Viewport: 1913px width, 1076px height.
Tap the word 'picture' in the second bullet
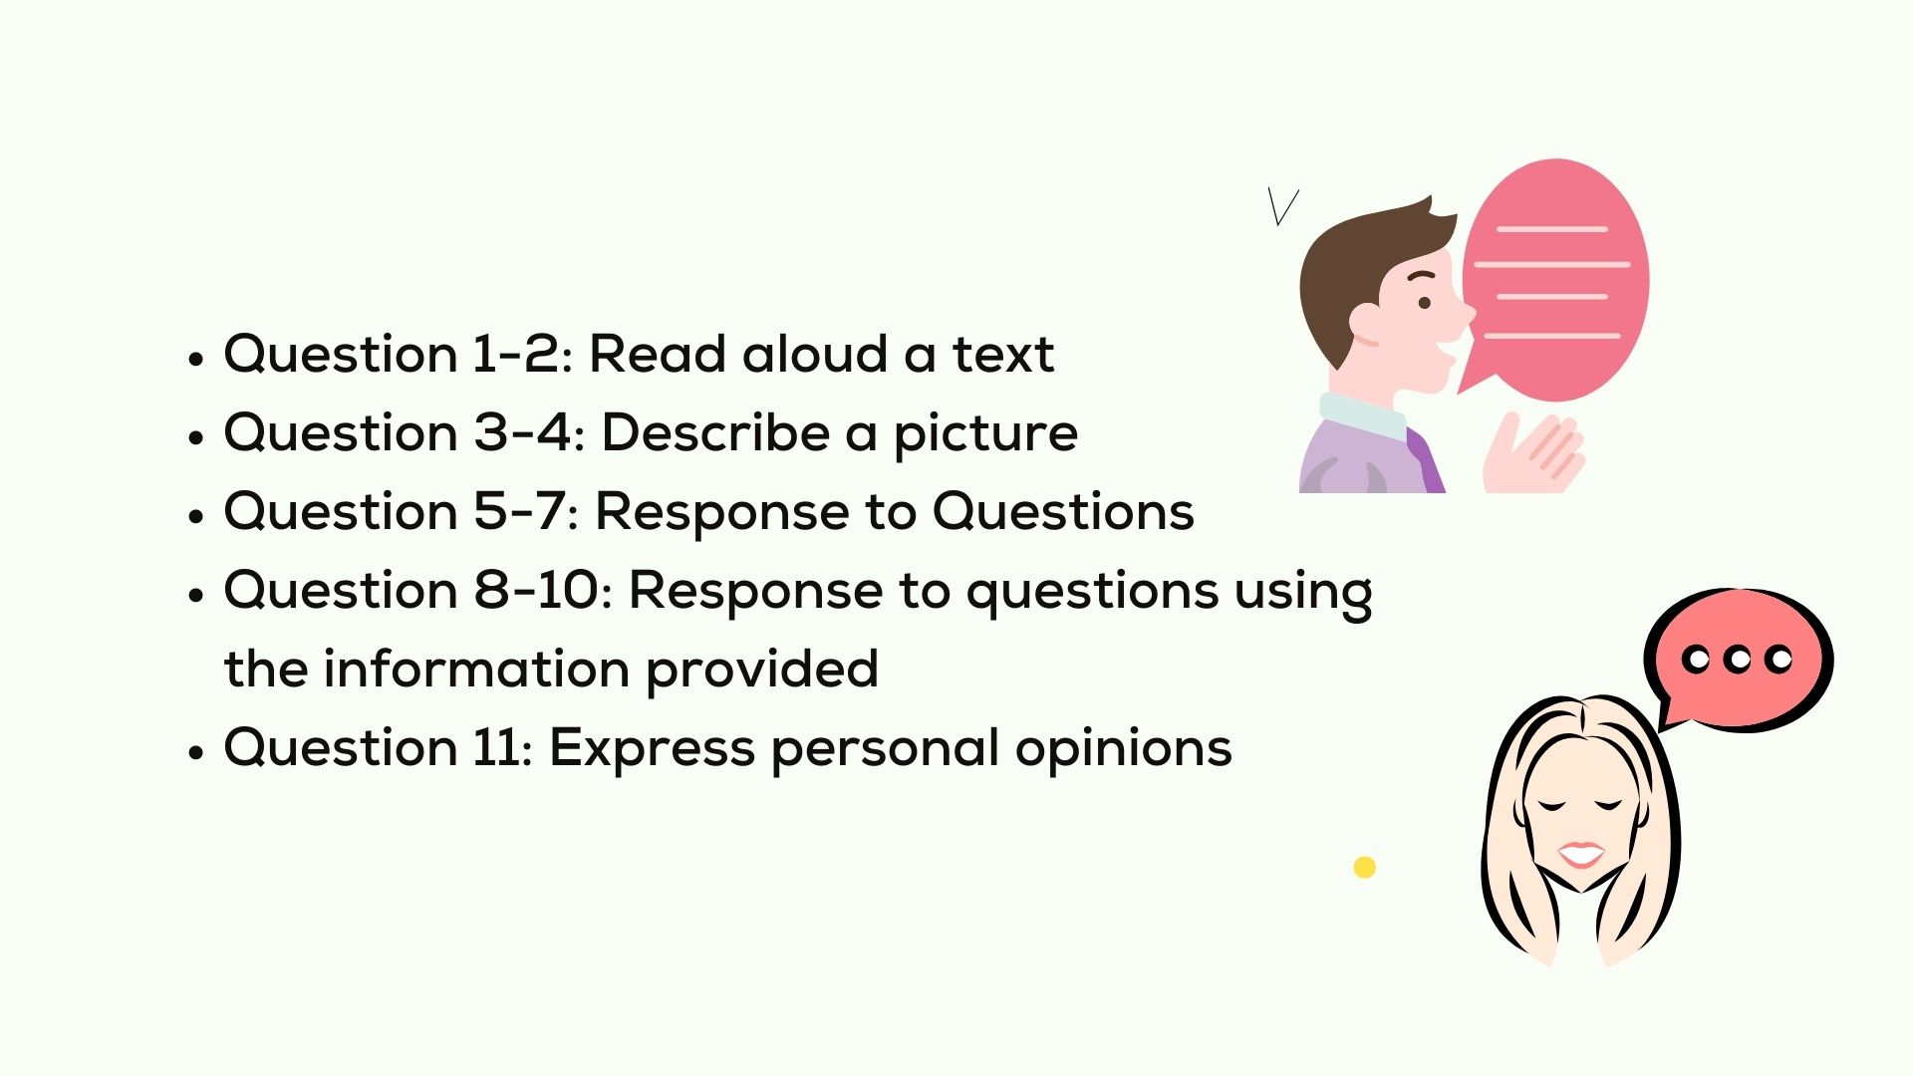985,433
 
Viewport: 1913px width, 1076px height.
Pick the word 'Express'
652,749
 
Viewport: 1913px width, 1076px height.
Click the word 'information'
476,669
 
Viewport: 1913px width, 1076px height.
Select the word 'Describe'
714,432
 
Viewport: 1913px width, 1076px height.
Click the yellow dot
1365,868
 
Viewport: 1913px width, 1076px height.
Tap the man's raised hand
1532,453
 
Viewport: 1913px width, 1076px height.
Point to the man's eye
1425,303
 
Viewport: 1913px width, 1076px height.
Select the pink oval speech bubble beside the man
1556,279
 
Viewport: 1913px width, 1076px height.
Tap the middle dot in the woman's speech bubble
1737,659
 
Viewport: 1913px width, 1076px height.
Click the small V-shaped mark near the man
1282,206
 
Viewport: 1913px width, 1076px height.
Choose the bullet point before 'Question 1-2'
196,359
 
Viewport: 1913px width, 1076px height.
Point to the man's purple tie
1427,460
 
